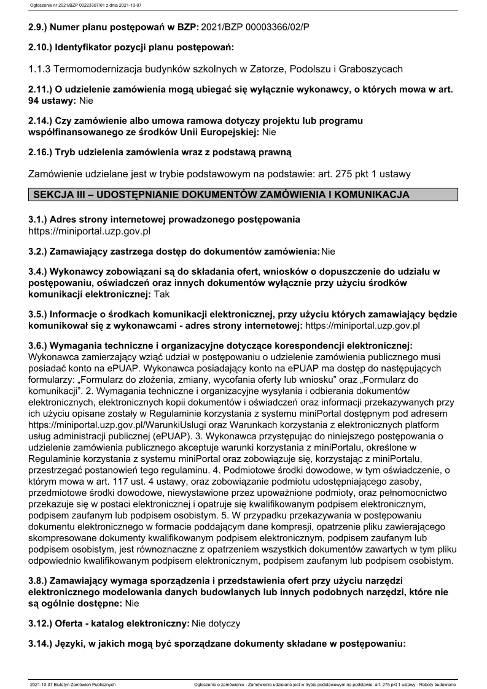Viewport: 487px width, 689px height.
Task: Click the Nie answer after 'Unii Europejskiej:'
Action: pyautogui.click(x=270, y=131)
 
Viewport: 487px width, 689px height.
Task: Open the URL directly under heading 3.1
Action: pyautogui.click(x=90, y=231)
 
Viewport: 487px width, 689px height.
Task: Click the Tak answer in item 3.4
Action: pyautogui.click(x=162, y=294)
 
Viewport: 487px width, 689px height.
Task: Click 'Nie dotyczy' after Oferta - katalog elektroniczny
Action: pyautogui.click(x=216, y=623)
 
